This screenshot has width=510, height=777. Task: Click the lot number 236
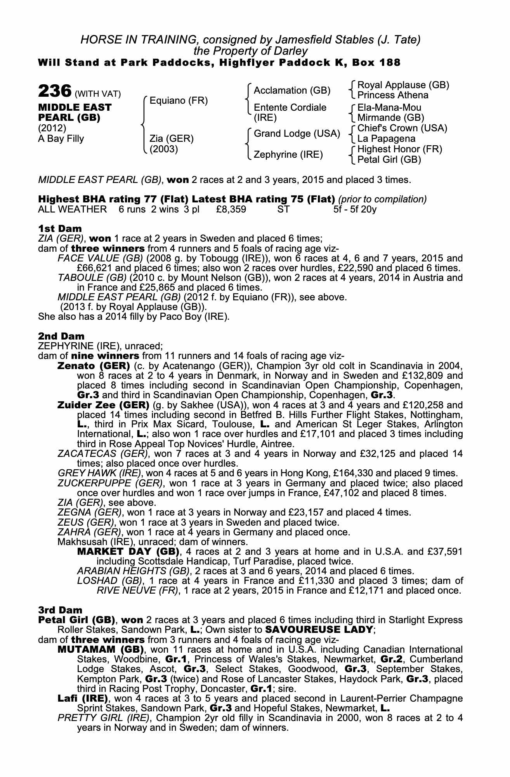point(55,92)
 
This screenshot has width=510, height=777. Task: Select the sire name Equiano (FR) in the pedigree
point(179,101)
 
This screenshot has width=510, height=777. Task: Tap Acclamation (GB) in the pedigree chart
point(292,91)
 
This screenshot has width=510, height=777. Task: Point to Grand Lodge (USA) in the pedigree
point(297,134)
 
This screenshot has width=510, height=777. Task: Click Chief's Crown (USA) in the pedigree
point(402,128)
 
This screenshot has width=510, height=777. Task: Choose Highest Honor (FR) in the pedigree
point(399,149)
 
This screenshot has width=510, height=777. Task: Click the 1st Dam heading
point(60,229)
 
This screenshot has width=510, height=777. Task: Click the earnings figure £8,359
point(231,209)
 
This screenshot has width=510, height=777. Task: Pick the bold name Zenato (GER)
point(94,366)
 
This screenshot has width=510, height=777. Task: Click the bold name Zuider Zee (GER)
point(103,405)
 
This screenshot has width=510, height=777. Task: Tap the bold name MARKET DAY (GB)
point(128,552)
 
